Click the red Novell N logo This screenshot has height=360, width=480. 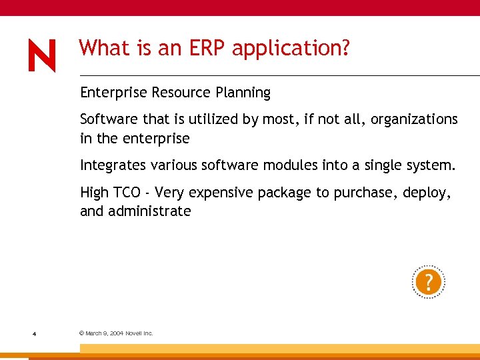(42, 55)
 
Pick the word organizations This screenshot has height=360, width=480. (414, 120)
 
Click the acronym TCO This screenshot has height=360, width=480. (127, 193)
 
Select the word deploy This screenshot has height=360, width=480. (427, 193)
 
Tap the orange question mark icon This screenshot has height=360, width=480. (428, 282)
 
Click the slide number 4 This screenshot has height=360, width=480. (33, 333)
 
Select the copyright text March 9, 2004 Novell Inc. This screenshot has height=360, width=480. (116, 333)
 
